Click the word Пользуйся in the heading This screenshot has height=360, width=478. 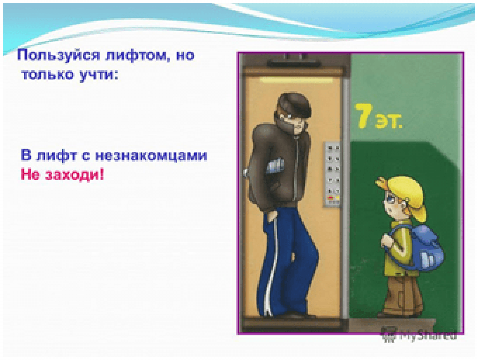tap(59, 56)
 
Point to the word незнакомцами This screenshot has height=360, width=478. tap(151, 155)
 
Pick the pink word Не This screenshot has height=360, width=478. tap(30, 175)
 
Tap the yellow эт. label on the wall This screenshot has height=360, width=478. tap(389, 121)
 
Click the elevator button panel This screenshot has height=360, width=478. tap(332, 174)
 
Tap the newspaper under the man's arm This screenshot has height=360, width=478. tap(276, 165)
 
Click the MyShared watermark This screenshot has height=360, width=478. tap(419, 335)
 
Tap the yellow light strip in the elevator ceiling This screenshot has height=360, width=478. tap(296, 80)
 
